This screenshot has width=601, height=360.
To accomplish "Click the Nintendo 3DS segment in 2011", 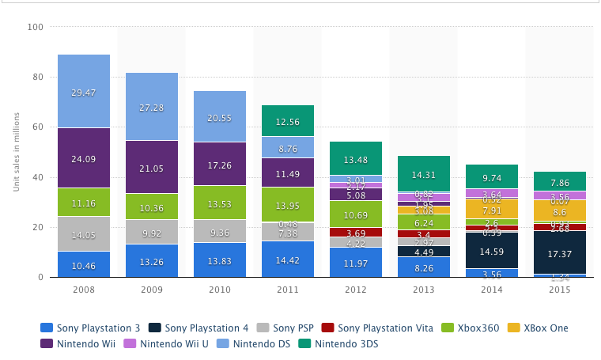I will pyautogui.click(x=288, y=120).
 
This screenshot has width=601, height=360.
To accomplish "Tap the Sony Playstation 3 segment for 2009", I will pyautogui.click(x=152, y=260).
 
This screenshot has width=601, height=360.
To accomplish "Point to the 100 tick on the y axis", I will pyautogui.click(x=36, y=27).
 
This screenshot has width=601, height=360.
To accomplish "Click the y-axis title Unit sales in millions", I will pyautogui.click(x=15, y=152).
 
